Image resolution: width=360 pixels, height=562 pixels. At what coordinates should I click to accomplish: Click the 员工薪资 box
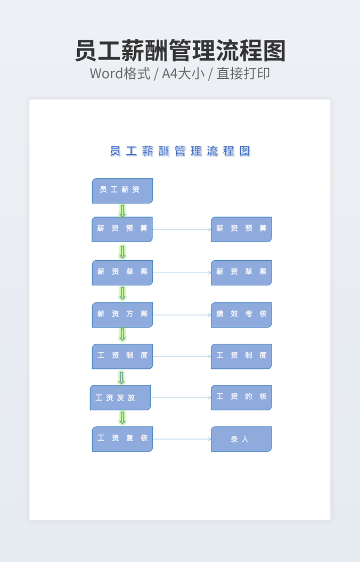pyautogui.click(x=122, y=191)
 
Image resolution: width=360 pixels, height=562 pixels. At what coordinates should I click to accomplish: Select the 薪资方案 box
pyautogui.click(x=122, y=315)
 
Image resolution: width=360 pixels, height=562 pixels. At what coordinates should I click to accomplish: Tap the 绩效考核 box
pyautogui.click(x=241, y=315)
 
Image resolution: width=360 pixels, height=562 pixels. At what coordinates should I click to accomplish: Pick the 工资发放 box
pyautogui.click(x=120, y=398)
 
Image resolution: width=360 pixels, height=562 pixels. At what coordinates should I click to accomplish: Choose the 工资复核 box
pyautogui.click(x=122, y=439)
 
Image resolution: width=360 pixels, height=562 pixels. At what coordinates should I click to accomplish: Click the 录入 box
pyautogui.click(x=241, y=439)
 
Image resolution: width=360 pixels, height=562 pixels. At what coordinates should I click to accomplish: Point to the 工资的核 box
pyautogui.click(x=241, y=398)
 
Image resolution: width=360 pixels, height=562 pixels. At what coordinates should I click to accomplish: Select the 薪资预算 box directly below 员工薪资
pyautogui.click(x=122, y=229)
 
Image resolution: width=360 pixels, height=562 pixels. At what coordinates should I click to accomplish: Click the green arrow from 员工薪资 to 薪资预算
pyautogui.click(x=122, y=211)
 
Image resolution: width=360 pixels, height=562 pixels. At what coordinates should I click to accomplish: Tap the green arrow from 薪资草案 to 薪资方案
pyautogui.click(x=122, y=293)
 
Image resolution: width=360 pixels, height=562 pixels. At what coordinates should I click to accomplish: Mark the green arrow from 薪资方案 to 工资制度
pyautogui.click(x=122, y=334)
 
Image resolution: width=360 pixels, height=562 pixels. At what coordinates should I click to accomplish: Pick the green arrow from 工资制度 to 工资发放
pyautogui.click(x=121, y=377)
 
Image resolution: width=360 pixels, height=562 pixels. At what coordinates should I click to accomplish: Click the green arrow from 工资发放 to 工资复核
pyautogui.click(x=122, y=418)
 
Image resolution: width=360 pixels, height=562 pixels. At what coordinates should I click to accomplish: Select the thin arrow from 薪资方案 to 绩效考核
pyautogui.click(x=182, y=315)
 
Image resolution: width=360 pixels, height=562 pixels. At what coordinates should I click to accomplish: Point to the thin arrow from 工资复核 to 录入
pyautogui.click(x=182, y=439)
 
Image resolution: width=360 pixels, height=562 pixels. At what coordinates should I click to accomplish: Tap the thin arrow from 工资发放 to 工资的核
pyautogui.click(x=181, y=398)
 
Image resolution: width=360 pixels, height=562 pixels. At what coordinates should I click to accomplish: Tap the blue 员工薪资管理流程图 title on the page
pyautogui.click(x=180, y=151)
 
